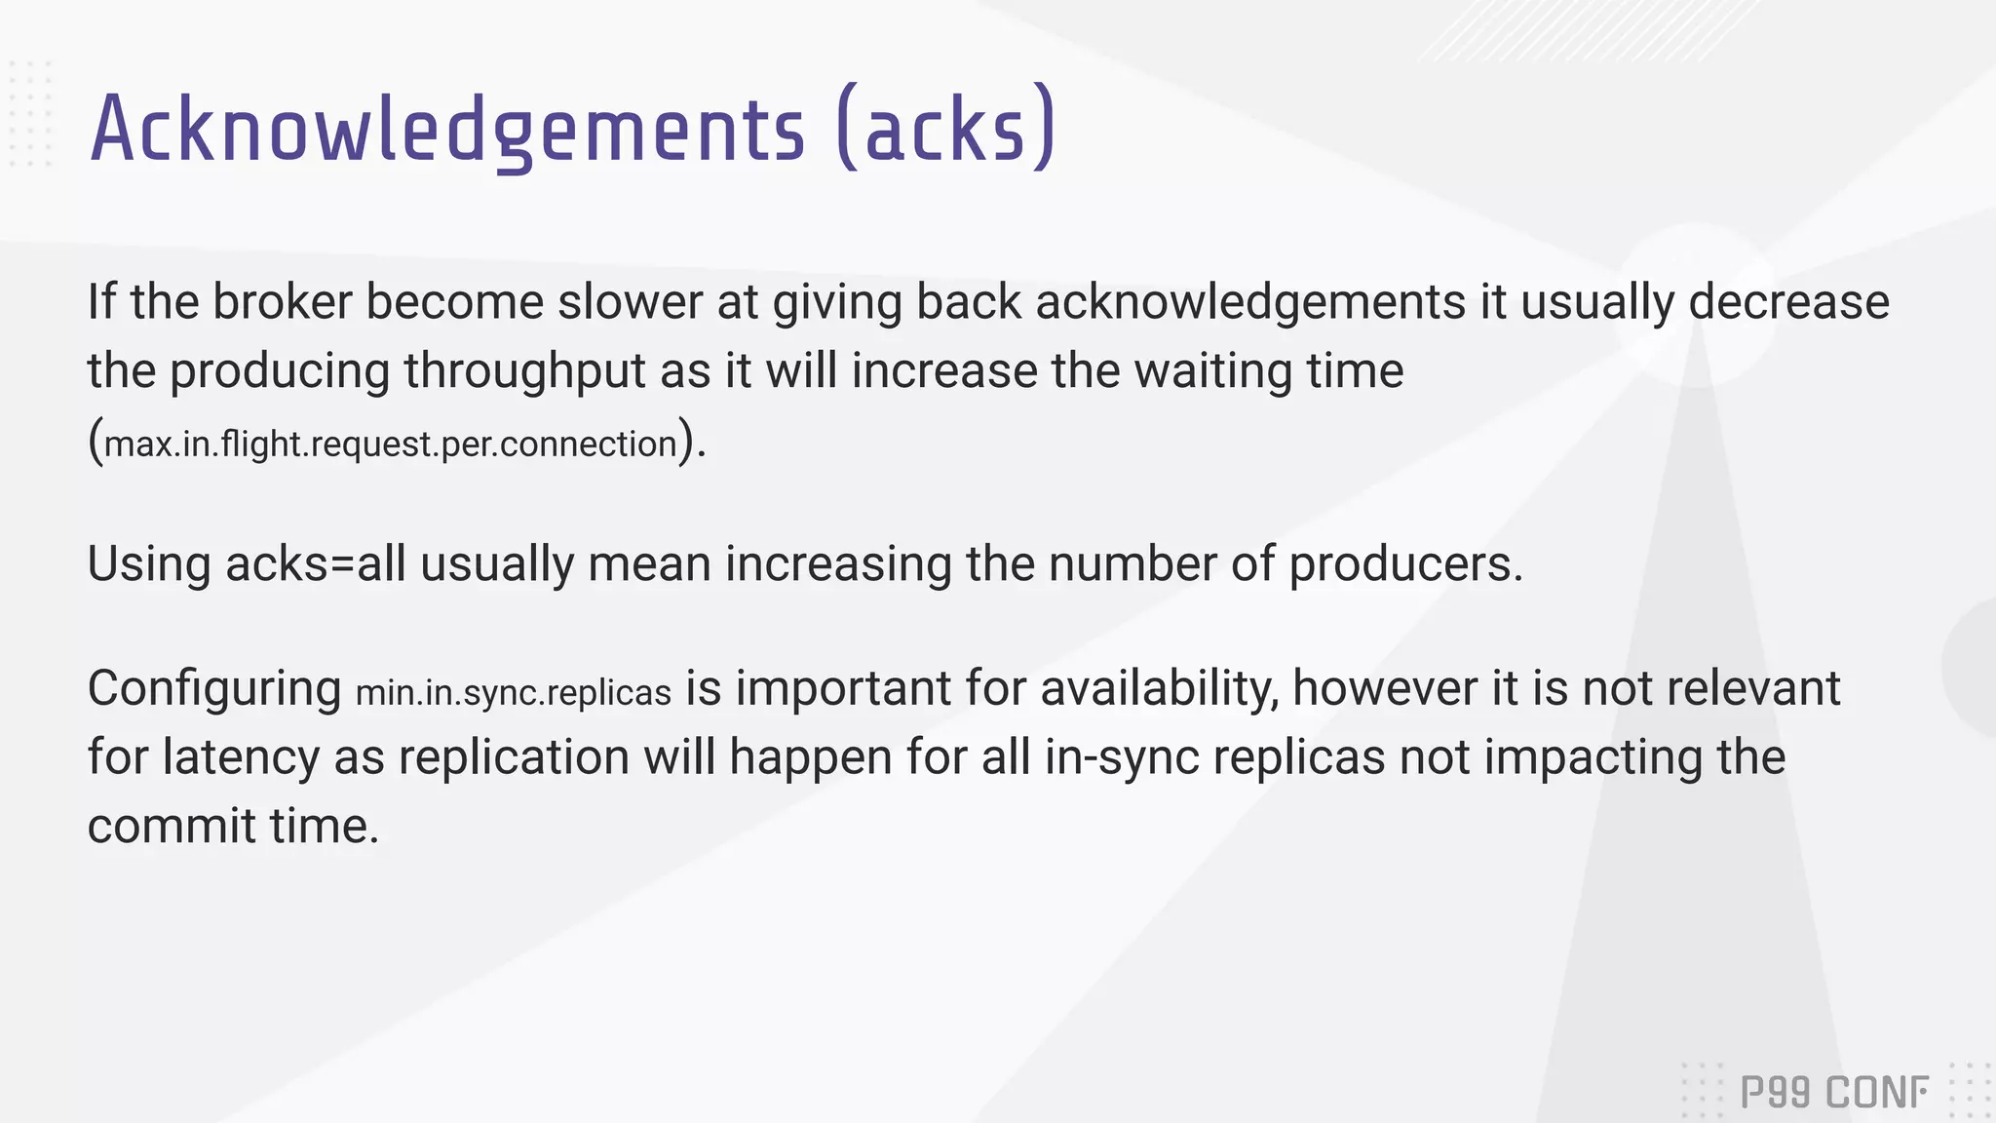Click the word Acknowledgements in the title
click(x=447, y=130)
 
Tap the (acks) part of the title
click(x=945, y=130)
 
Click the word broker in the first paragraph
click(x=283, y=301)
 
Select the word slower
click(x=630, y=301)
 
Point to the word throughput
click(x=525, y=371)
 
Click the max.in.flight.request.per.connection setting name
click(x=391, y=445)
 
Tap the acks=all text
click(x=315, y=564)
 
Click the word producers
click(x=1404, y=564)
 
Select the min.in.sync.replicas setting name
click(x=514, y=692)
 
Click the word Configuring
click(x=214, y=689)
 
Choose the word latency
click(x=241, y=757)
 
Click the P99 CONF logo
click(x=1833, y=1092)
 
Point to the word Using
click(x=149, y=564)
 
